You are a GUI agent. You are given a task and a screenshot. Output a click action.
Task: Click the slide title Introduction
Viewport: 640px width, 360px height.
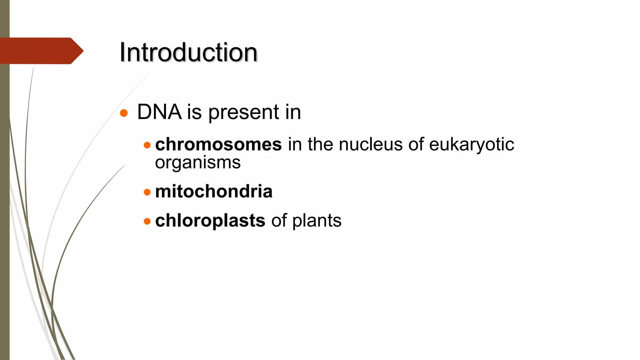(188, 52)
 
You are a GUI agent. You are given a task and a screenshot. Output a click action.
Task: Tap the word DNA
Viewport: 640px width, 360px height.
(159, 112)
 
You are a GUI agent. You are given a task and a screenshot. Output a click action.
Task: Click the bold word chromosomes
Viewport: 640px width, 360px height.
(218, 144)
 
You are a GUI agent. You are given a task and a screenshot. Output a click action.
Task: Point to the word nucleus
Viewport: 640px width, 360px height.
(371, 144)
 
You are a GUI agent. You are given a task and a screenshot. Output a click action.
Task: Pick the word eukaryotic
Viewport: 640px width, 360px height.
(471, 145)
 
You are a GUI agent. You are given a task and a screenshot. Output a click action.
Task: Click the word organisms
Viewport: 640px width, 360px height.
(198, 163)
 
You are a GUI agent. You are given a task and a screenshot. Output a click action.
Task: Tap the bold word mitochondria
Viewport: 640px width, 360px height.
(214, 191)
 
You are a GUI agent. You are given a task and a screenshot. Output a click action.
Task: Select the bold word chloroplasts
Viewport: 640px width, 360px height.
(210, 221)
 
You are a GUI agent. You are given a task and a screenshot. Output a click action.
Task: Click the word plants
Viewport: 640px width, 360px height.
(317, 221)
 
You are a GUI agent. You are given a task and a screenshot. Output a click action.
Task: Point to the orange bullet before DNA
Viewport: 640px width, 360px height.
(124, 113)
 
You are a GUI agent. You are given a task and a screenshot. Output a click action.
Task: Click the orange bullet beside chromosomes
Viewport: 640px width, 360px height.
(147, 145)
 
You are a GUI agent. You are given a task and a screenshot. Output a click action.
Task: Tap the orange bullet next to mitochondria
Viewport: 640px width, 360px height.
(147, 192)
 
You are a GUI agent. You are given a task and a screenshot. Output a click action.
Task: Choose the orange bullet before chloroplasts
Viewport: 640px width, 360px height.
(147, 221)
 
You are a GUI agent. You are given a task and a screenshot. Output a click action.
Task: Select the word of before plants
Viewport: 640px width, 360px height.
(279, 221)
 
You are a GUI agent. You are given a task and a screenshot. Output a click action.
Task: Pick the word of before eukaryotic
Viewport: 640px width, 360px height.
(416, 144)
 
